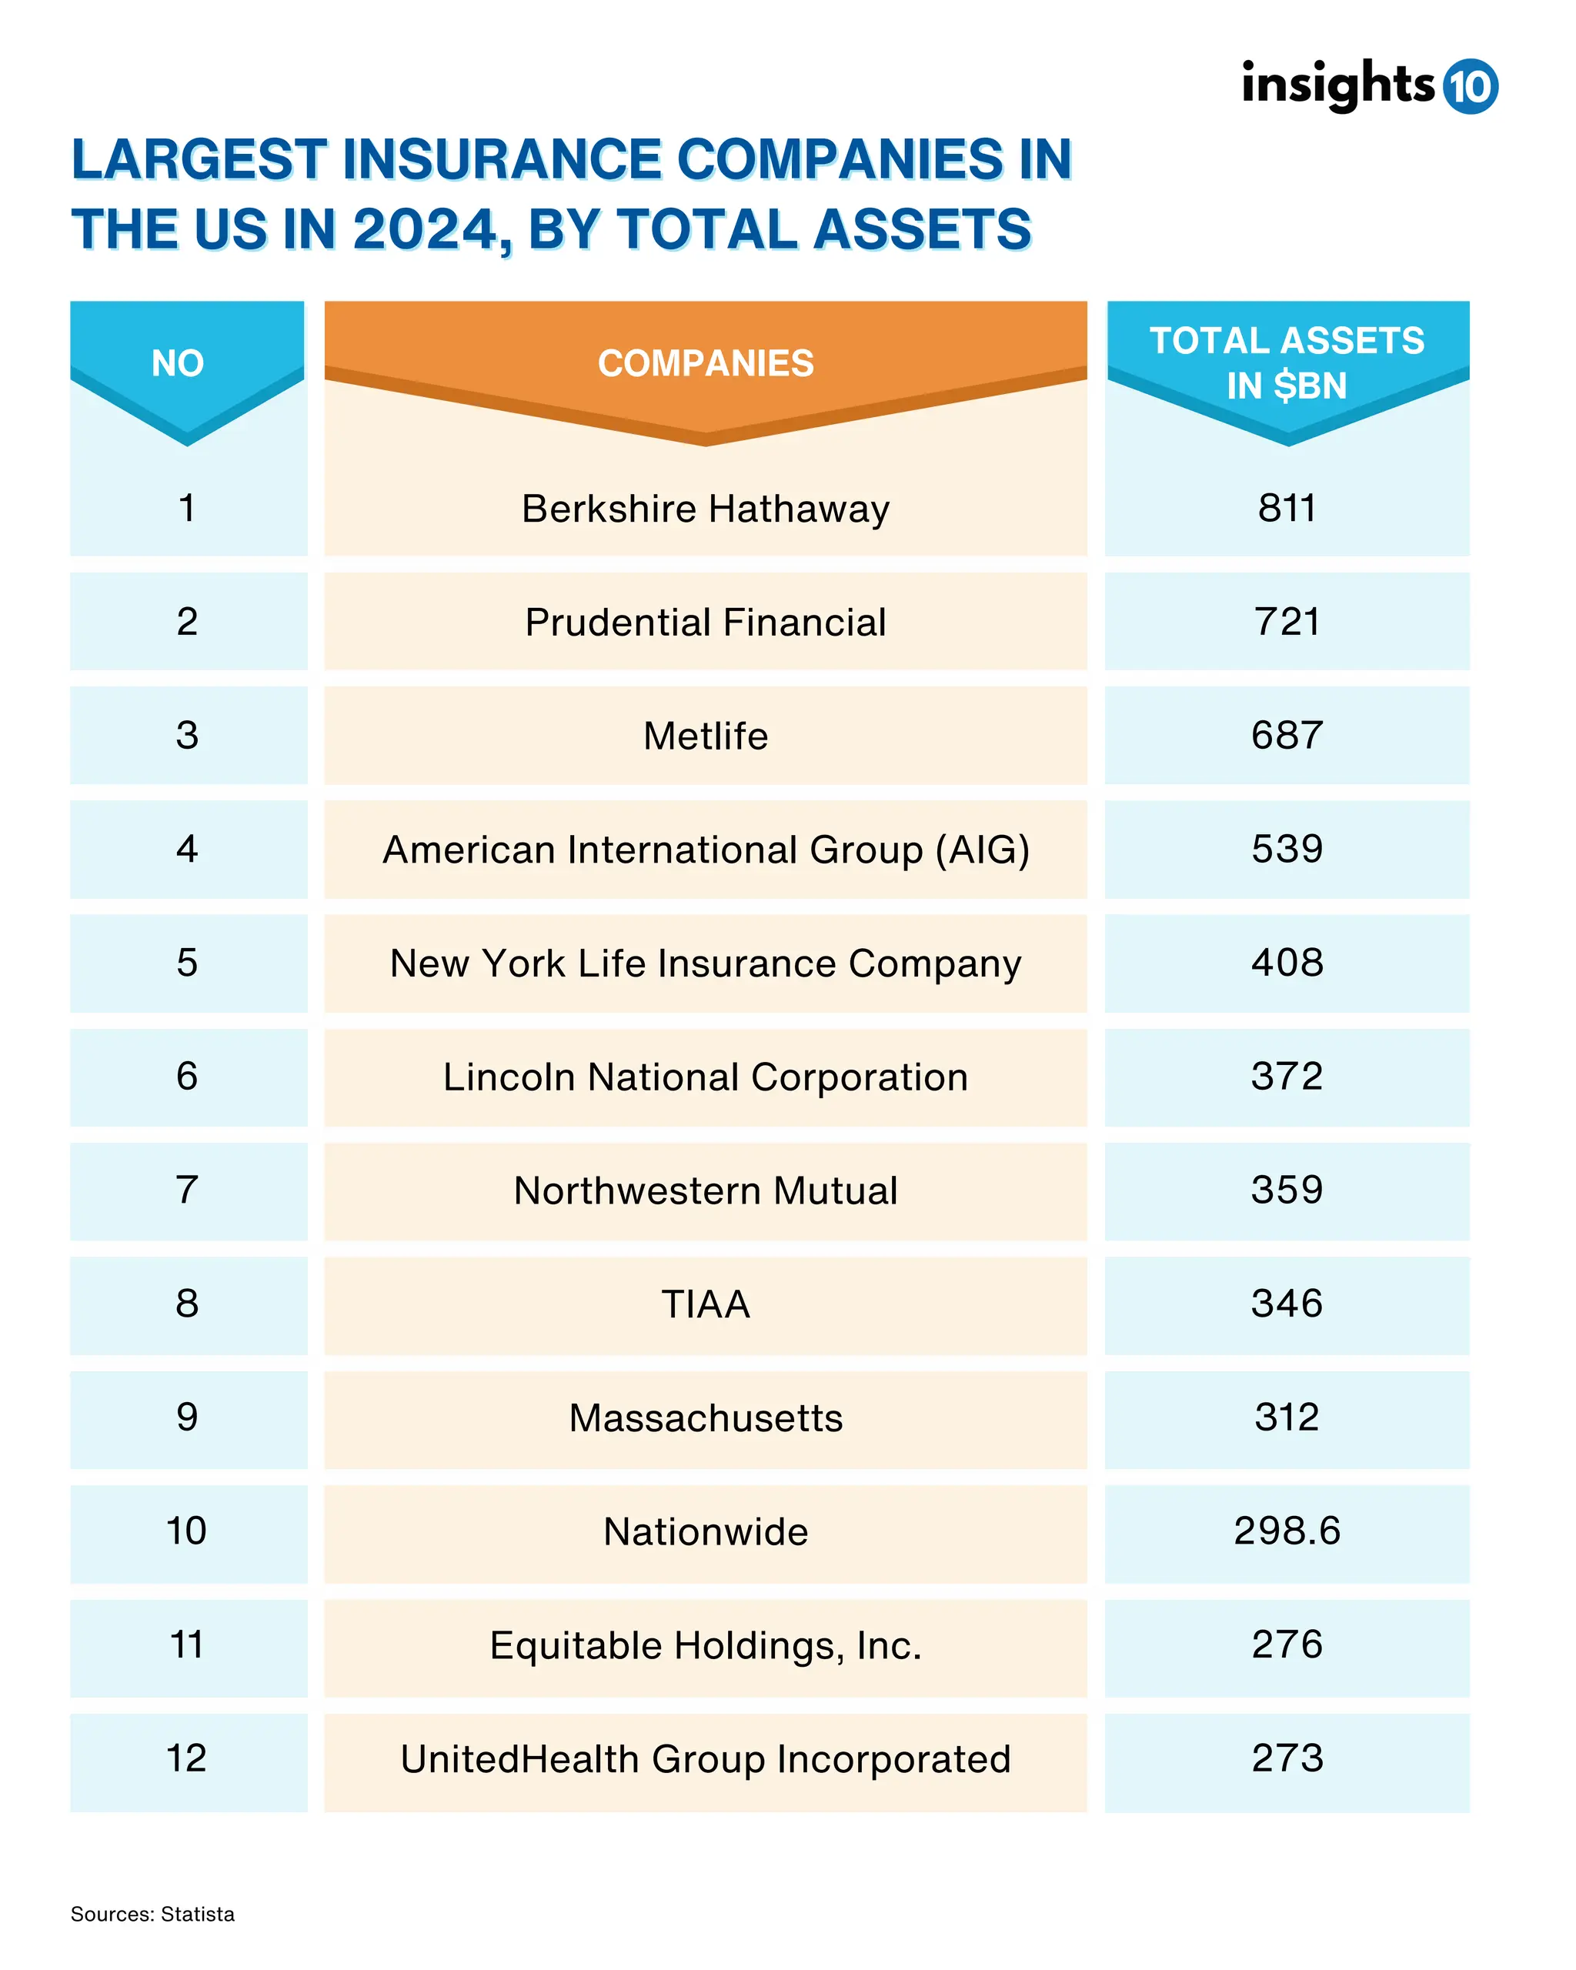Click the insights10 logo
pyautogui.click(x=1367, y=87)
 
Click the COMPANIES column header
pyautogui.click(x=706, y=364)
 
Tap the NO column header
pyautogui.click(x=179, y=364)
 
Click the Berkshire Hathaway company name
pyautogui.click(x=706, y=509)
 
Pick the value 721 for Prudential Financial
pyautogui.click(x=1287, y=623)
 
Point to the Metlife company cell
pyautogui.click(x=706, y=736)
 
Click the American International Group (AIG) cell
pyautogui.click(x=706, y=850)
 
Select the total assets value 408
pyautogui.click(x=1287, y=963)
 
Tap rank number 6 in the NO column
pyautogui.click(x=187, y=1077)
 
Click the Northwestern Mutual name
pyautogui.click(x=706, y=1190)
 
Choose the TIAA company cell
pyautogui.click(x=706, y=1304)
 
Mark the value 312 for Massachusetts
pyautogui.click(x=1287, y=1418)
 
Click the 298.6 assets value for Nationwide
pyautogui.click(x=1287, y=1531)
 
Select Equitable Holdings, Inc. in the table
pyautogui.click(x=706, y=1645)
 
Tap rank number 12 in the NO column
pyautogui.click(x=187, y=1759)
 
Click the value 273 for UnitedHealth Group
pyautogui.click(x=1287, y=1759)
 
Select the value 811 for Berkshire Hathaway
pyautogui.click(x=1287, y=509)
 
